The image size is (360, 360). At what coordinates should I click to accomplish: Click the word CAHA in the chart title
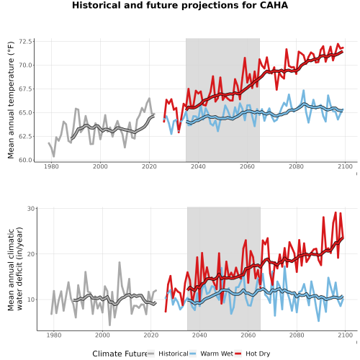(x=274, y=5)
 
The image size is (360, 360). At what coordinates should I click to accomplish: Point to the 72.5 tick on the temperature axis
(x=25, y=42)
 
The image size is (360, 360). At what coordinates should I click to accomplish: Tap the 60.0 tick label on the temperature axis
(x=25, y=160)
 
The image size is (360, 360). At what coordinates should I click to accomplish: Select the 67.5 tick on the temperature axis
(x=25, y=89)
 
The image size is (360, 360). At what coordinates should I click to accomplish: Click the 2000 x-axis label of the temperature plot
(x=100, y=166)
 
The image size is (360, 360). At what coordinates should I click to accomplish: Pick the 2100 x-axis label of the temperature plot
(x=345, y=166)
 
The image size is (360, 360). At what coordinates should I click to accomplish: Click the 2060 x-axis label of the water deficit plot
(x=248, y=335)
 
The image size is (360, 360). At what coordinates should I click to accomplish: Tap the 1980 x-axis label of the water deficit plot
(x=54, y=335)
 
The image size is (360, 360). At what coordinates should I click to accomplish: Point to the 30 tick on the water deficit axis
(x=31, y=209)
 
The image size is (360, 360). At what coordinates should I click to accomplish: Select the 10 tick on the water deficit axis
(x=31, y=300)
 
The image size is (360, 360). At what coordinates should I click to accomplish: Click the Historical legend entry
(x=168, y=354)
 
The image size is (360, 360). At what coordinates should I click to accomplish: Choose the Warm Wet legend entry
(x=211, y=354)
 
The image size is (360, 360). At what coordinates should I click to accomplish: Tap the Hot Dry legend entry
(x=252, y=354)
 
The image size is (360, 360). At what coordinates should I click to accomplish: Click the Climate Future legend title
(x=120, y=354)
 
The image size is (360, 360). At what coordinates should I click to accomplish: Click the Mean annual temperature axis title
(x=11, y=100)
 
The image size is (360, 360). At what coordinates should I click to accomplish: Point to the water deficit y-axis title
(x=15, y=269)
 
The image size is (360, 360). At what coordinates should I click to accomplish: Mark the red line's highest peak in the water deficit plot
(x=336, y=212)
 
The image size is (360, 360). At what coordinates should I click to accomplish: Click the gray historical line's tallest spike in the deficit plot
(x=120, y=262)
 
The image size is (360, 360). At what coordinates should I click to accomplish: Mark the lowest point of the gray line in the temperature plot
(x=54, y=157)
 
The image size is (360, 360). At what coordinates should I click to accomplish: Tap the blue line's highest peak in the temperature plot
(x=304, y=90)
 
